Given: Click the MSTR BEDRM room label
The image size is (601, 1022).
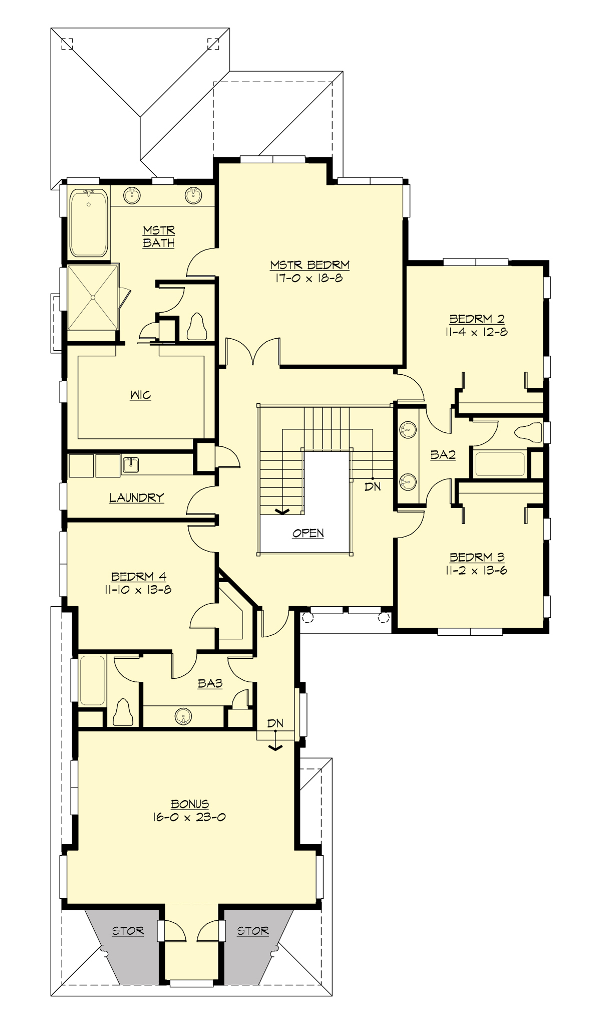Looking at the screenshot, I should (x=310, y=265).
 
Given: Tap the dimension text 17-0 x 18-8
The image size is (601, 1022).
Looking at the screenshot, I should (x=309, y=278).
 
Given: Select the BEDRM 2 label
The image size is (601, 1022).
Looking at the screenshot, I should (x=477, y=319).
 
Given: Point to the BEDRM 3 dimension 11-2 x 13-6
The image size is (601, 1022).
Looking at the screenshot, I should (x=476, y=570).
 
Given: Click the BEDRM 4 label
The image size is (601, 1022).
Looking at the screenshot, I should (x=139, y=577).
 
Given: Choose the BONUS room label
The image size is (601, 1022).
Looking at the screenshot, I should (x=190, y=804).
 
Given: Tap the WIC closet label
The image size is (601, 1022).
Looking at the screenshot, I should (x=140, y=395).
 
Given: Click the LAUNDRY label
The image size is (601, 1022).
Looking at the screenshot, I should (x=137, y=497).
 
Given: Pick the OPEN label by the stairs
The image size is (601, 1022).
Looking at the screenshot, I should (x=308, y=533).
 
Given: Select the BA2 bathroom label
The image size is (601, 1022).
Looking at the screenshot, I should (x=443, y=455).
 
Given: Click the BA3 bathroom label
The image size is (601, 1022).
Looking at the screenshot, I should (x=210, y=683).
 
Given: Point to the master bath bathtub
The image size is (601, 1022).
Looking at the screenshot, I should (x=89, y=222).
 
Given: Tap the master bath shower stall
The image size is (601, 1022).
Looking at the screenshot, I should (x=93, y=297).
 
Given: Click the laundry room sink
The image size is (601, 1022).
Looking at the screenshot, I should (x=130, y=465).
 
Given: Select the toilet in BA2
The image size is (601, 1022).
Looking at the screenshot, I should (x=529, y=432).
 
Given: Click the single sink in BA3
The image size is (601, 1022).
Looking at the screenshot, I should (x=184, y=716).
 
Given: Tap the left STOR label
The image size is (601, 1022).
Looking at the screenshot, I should (x=128, y=931).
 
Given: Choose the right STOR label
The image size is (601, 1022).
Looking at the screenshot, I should (x=253, y=931).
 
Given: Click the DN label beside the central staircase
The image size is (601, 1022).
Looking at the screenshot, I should (x=373, y=486).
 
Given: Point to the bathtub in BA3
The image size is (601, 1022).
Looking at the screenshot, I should (x=92, y=680).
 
